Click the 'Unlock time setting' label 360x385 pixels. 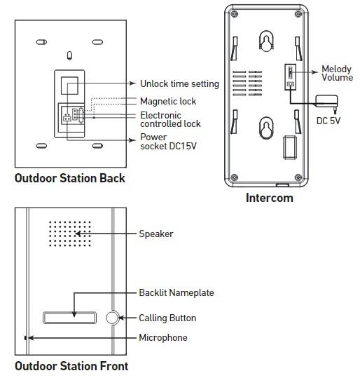[x=179, y=83]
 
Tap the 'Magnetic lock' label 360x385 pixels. [x=168, y=101]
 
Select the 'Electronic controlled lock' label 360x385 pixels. [x=170, y=119]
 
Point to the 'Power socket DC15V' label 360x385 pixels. [x=169, y=142]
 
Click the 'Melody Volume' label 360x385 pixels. [x=337, y=73]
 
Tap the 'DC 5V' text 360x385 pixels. [x=328, y=121]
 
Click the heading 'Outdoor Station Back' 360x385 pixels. [x=70, y=178]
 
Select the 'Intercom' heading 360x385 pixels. [x=270, y=198]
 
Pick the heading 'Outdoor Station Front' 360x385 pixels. [x=71, y=366]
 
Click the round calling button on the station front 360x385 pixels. [x=112, y=318]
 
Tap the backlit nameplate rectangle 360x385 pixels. [x=69, y=318]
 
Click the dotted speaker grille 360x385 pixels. [x=70, y=234]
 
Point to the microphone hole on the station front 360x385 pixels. [x=25, y=338]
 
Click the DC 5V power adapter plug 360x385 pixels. [x=327, y=102]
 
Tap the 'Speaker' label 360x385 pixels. [x=156, y=234]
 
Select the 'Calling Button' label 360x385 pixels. [x=167, y=318]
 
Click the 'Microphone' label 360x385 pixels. [x=163, y=337]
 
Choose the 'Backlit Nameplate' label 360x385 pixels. [x=176, y=292]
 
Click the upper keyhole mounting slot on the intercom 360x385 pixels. [x=266, y=41]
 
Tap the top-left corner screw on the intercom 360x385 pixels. [x=234, y=14]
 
